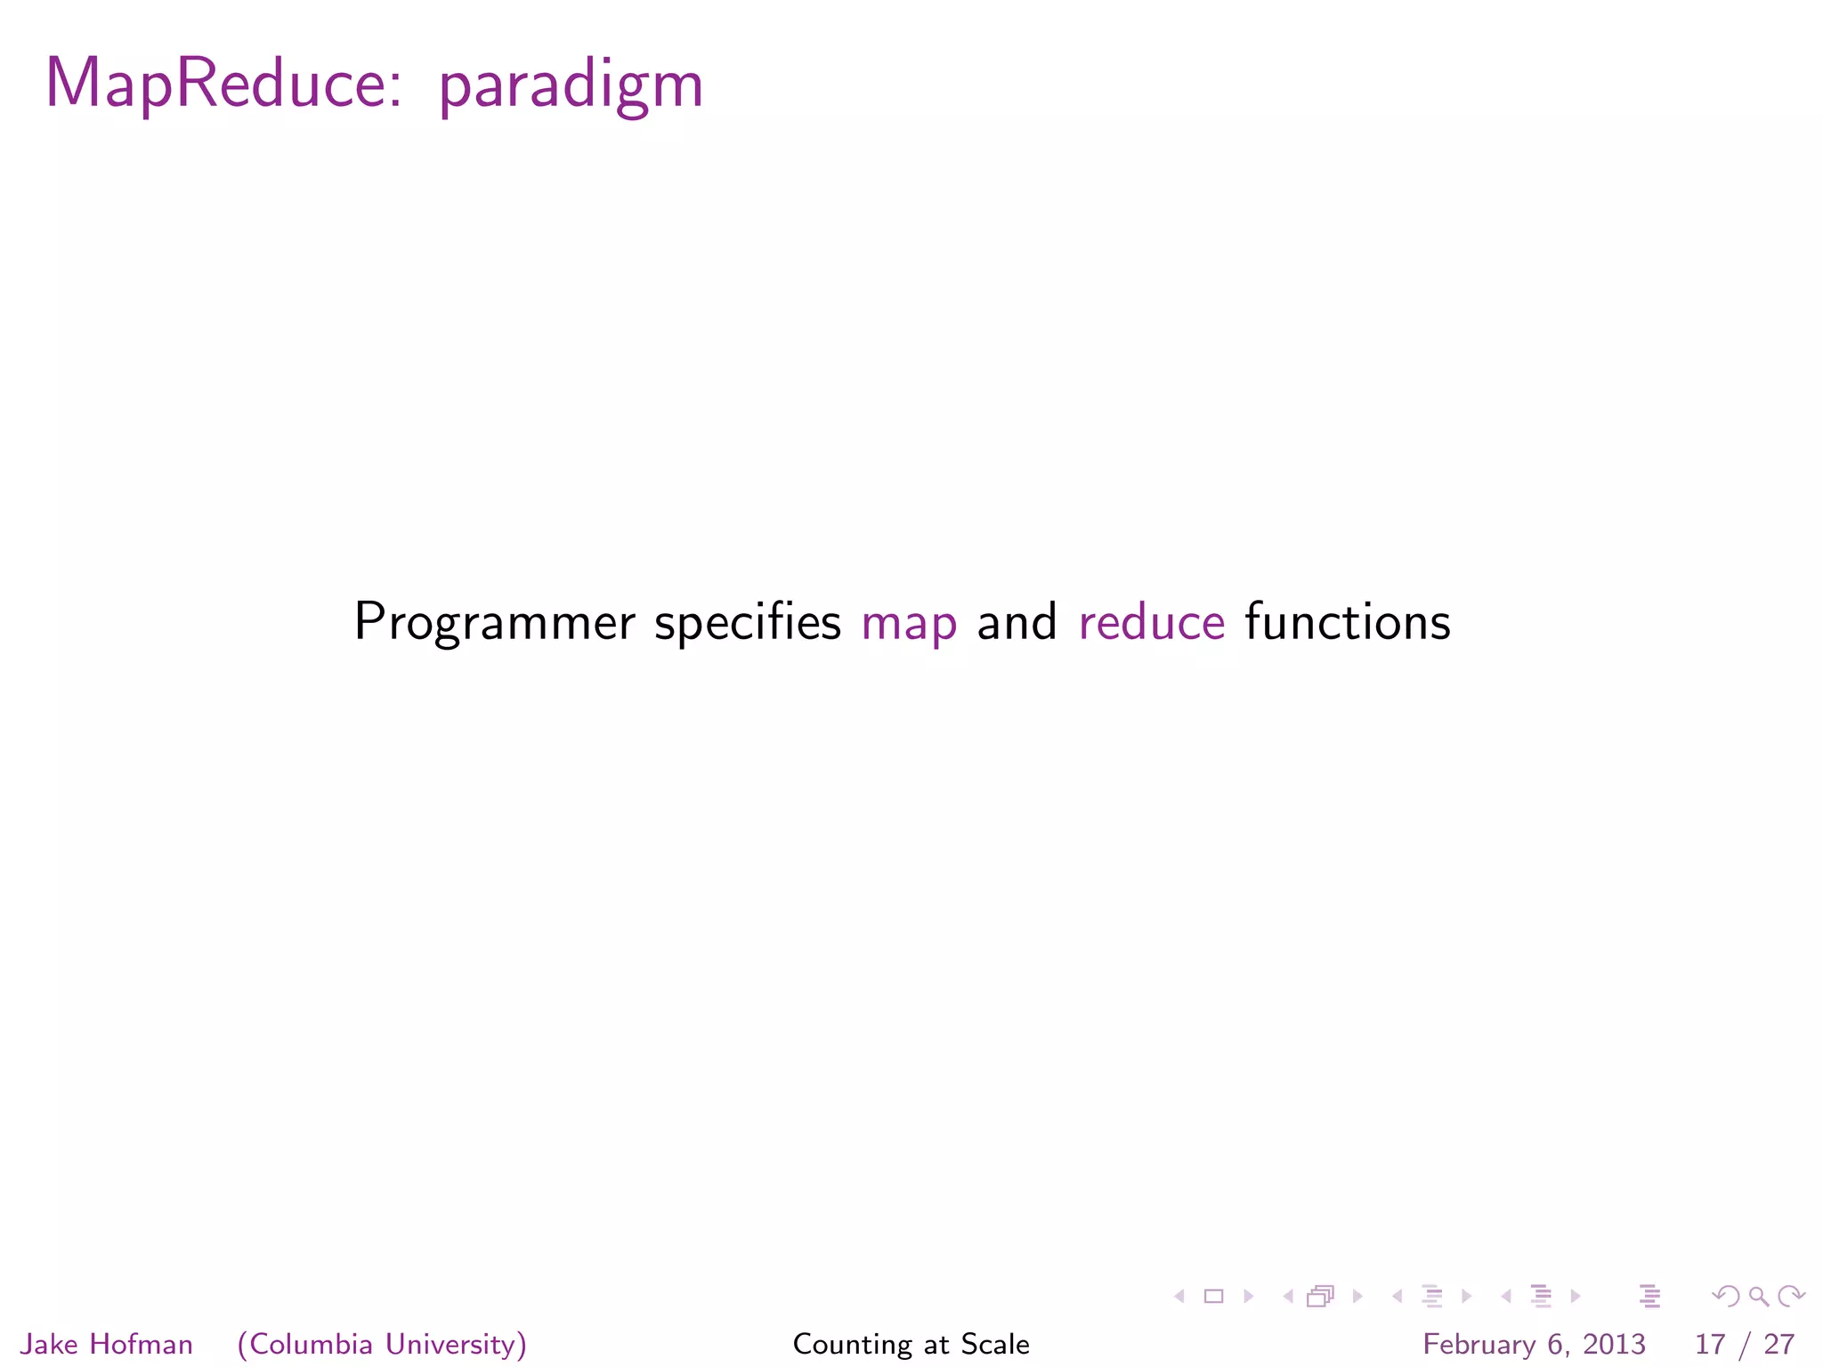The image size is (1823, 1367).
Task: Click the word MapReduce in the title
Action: click(214, 84)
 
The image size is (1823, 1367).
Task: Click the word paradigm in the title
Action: click(571, 87)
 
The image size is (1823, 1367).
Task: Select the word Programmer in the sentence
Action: click(494, 622)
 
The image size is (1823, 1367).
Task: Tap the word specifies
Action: click(747, 622)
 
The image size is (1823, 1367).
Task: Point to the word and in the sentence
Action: click(1017, 621)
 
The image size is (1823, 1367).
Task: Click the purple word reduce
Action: click(1151, 621)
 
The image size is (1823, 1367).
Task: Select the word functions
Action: click(1347, 621)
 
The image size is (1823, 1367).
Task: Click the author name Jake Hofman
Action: click(106, 1344)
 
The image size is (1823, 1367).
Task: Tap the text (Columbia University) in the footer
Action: click(382, 1344)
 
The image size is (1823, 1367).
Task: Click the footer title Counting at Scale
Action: click(911, 1344)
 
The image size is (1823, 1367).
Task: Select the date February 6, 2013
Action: click(1534, 1344)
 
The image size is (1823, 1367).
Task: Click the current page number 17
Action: click(1709, 1344)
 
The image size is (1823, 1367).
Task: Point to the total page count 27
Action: click(1778, 1344)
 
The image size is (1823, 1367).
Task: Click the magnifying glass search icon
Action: click(1758, 1297)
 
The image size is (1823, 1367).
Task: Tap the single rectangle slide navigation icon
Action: click(1213, 1297)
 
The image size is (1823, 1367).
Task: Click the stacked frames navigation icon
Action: click(1320, 1297)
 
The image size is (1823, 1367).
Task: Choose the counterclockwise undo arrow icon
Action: click(1726, 1297)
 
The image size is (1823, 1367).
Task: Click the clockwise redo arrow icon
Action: click(1791, 1297)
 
